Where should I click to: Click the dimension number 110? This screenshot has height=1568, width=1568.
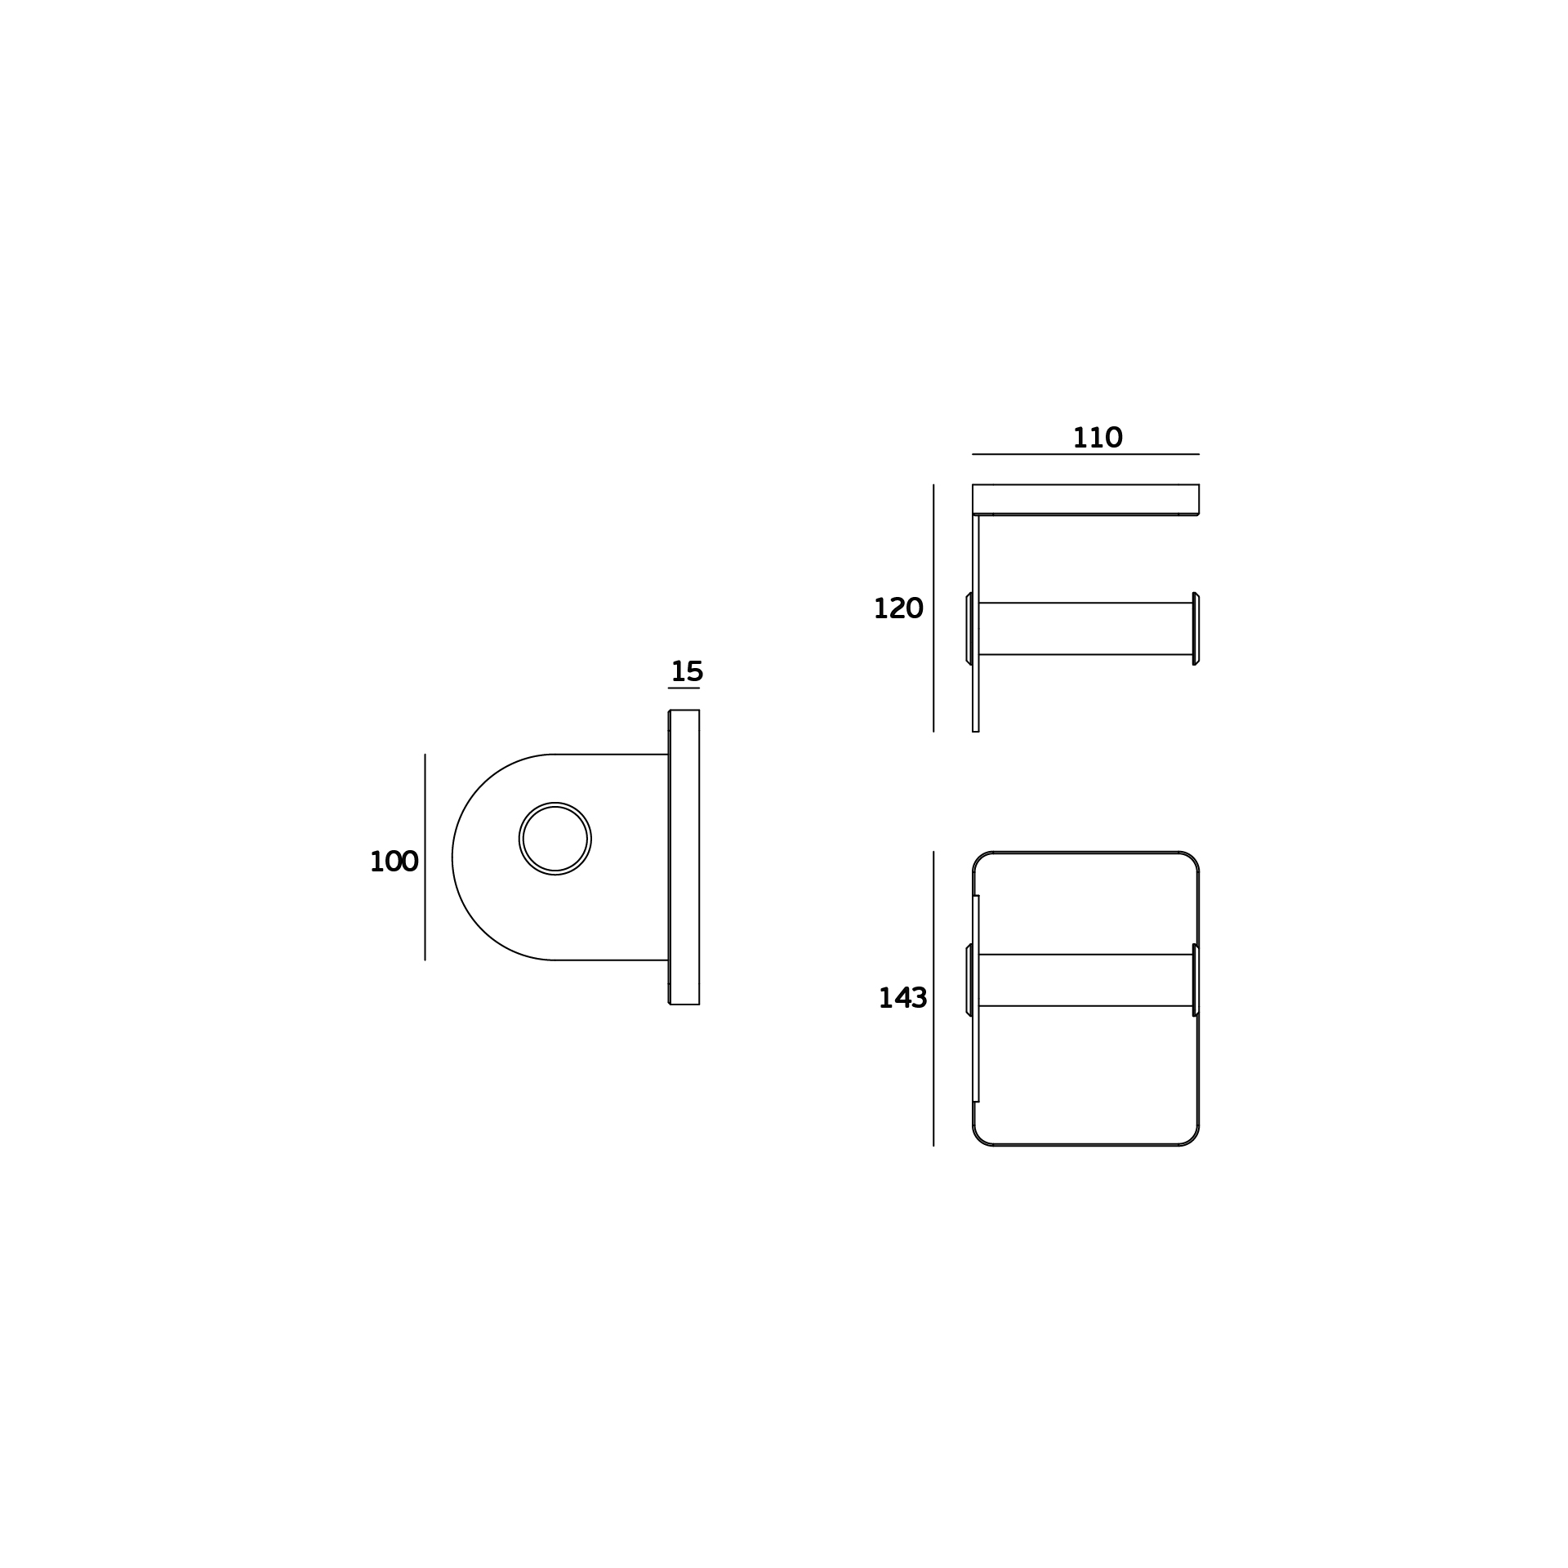tap(1097, 439)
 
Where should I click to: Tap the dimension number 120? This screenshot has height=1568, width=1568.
tap(898, 608)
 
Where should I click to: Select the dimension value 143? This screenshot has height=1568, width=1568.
tap(902, 998)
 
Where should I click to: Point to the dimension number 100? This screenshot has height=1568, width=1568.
tap(394, 862)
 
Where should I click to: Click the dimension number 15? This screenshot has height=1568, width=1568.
tap(687, 672)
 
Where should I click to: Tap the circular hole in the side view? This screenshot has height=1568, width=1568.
tap(555, 839)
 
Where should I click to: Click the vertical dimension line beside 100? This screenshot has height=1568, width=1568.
tap(425, 857)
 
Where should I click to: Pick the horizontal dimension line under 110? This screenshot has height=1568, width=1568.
tap(1085, 454)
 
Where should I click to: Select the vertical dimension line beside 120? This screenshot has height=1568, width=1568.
tap(933, 608)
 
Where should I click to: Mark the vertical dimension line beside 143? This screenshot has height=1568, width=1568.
tap(933, 998)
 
